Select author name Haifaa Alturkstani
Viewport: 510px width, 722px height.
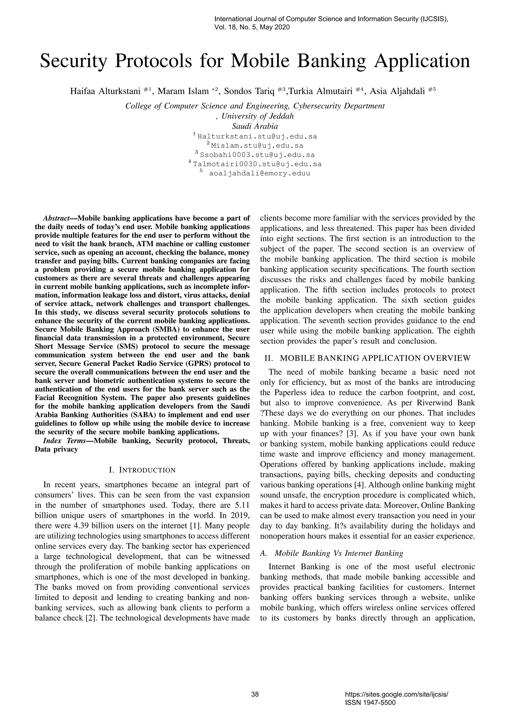tap(105, 91)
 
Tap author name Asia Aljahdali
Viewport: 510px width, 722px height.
tap(397, 91)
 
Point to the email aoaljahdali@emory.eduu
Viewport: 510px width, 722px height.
tap(259, 173)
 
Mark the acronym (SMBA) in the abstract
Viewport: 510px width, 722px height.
tap(165, 330)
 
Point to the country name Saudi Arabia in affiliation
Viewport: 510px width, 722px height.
tap(255, 126)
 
